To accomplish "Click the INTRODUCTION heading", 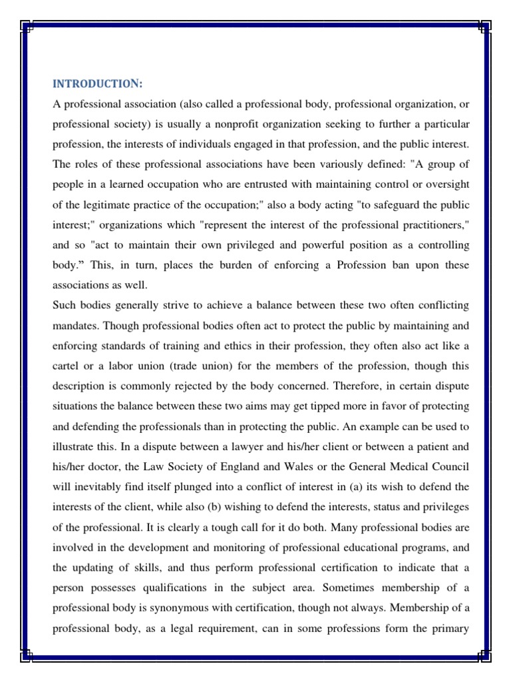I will click(x=98, y=83).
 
